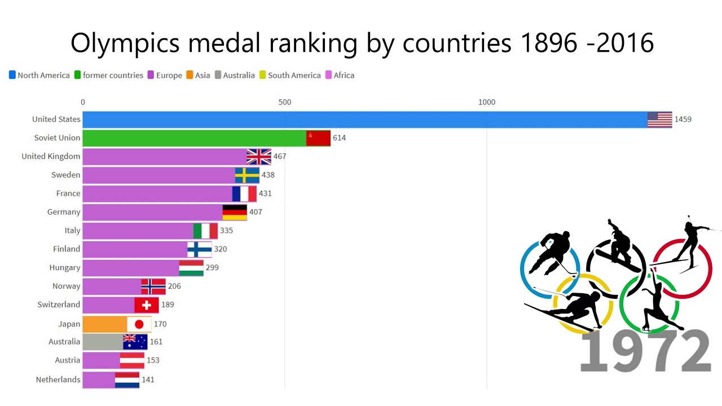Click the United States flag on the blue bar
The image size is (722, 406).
[659, 120]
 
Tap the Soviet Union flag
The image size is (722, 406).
[318, 138]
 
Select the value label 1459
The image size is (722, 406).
[683, 119]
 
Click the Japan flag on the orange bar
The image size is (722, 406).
[139, 324]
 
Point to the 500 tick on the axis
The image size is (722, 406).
[285, 102]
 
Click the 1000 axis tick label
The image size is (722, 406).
[486, 102]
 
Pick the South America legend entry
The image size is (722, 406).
[290, 75]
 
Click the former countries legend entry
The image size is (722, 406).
[109, 75]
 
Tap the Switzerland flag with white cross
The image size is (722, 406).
[146, 305]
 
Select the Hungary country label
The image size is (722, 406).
[65, 267]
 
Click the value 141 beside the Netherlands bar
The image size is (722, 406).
[148, 379]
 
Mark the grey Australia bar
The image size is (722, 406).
[103, 342]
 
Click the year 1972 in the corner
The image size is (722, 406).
[645, 351]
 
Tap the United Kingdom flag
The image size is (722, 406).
[259, 157]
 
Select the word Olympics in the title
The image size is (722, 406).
[125, 43]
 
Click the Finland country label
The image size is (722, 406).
[67, 249]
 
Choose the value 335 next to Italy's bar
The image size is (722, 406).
[226, 231]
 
